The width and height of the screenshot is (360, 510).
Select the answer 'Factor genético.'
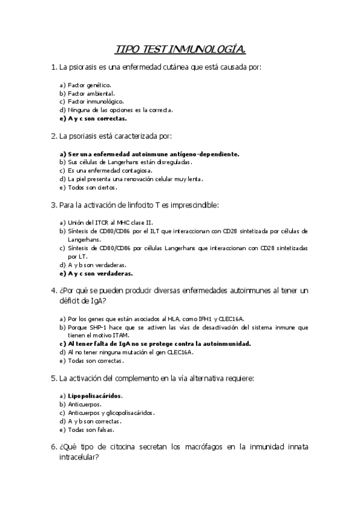point(90,85)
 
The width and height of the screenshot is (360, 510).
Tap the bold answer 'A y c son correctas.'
point(97,118)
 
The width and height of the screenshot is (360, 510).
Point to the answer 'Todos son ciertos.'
point(91,188)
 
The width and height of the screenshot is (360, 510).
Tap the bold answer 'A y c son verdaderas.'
point(100,273)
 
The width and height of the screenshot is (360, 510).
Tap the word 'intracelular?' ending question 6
point(79,458)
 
